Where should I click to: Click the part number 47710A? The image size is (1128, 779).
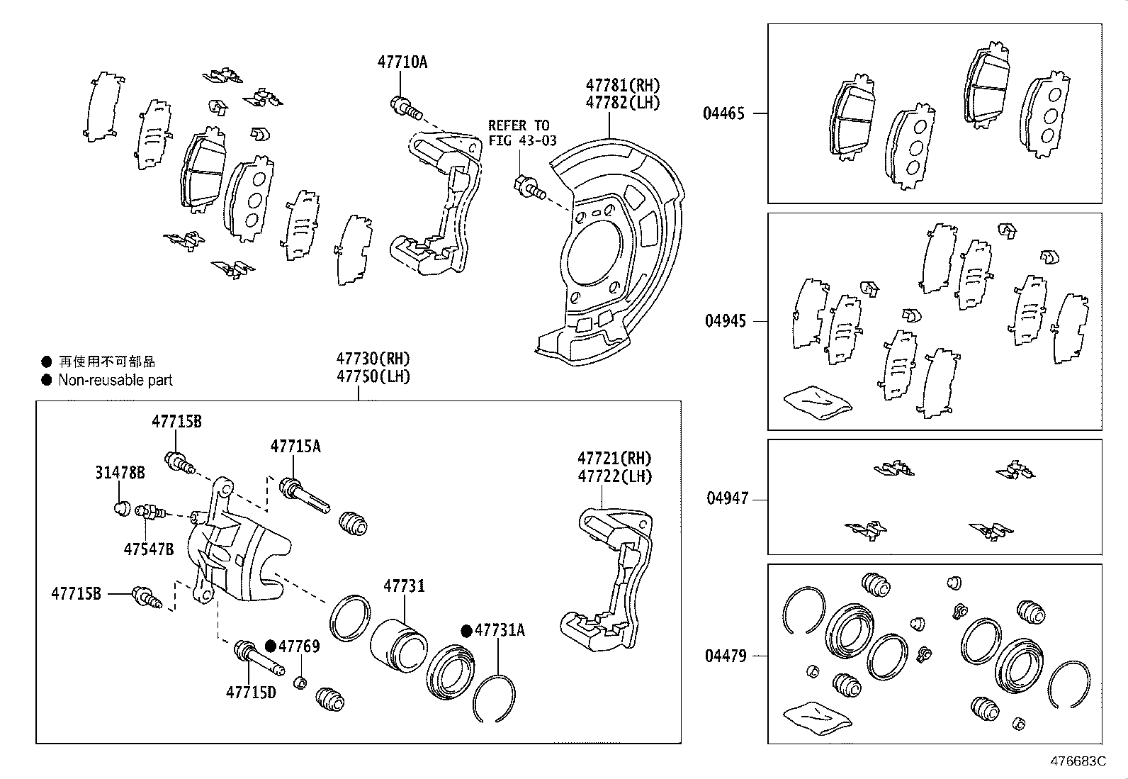[402, 62]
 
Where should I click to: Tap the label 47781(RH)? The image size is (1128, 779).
[622, 85]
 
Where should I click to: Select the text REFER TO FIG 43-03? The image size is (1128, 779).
[523, 133]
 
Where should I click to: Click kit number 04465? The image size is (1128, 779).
[723, 113]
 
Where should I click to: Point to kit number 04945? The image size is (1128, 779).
[725, 321]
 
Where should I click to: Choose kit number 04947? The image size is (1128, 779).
[727, 498]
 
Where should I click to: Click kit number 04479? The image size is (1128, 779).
[725, 656]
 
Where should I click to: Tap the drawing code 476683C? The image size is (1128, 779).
[1078, 761]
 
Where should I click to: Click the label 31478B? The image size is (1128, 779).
[120, 473]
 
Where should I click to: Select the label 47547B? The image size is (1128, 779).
[148, 549]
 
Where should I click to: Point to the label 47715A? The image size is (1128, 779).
[295, 446]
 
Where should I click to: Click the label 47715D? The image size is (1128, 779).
[251, 692]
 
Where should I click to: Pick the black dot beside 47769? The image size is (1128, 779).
[271, 646]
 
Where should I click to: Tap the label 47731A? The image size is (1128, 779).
[500, 630]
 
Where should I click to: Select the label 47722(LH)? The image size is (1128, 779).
[614, 476]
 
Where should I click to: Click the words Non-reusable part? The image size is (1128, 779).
[115, 381]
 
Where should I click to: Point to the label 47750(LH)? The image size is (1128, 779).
[373, 376]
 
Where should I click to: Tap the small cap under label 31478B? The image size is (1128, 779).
[121, 507]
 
